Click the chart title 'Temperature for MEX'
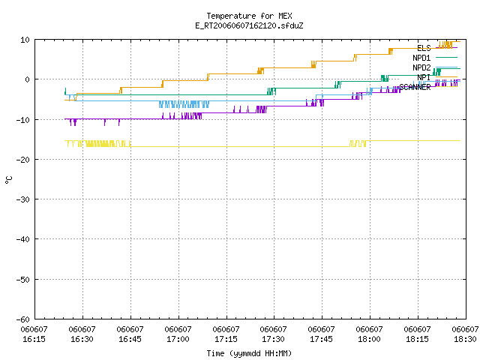click(249, 16)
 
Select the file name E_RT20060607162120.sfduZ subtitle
click(249, 25)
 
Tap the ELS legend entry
click(437, 48)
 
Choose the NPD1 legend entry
click(435, 58)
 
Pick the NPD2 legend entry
click(435, 67)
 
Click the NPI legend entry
click(437, 77)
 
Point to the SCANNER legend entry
click(428, 87)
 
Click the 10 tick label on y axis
click(25, 40)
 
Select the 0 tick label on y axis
click(27, 79)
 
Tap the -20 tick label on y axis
click(23, 160)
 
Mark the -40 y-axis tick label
click(23, 239)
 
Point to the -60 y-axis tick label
click(23, 319)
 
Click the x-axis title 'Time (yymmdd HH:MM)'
click(249, 353)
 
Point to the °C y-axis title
click(9, 180)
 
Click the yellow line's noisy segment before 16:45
click(97, 143)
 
